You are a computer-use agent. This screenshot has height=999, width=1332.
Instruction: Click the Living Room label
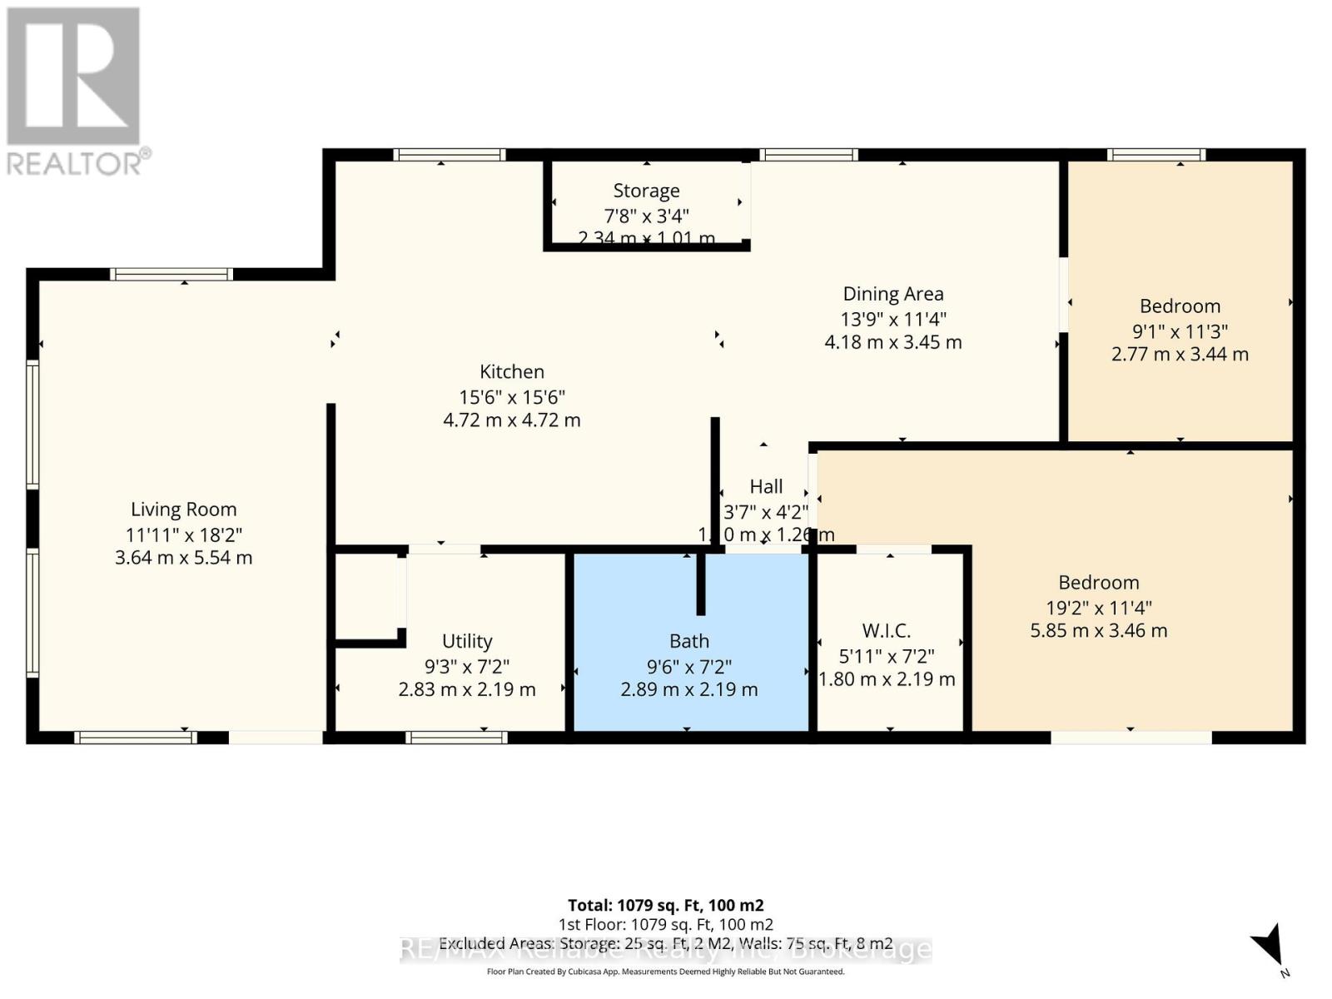(183, 509)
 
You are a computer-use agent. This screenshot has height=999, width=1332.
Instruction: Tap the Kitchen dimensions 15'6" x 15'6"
(511, 397)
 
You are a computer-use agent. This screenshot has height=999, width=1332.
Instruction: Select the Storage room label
(646, 191)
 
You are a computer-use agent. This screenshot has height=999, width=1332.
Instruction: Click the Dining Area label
(892, 294)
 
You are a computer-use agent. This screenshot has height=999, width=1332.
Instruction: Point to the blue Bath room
(689, 666)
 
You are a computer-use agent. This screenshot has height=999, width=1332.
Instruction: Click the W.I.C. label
(886, 631)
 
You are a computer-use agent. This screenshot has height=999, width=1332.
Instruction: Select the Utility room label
(466, 641)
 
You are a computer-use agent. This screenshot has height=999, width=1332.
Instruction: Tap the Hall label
(766, 486)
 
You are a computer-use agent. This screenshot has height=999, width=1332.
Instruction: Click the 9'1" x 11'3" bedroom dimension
(1179, 331)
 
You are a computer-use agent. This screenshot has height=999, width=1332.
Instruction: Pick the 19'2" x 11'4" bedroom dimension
(1098, 608)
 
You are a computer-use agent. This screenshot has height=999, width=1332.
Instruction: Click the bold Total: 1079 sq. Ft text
(665, 905)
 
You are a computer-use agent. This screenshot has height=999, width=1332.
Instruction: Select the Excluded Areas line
(665, 944)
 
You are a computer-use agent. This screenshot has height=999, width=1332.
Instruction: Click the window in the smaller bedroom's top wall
(1156, 155)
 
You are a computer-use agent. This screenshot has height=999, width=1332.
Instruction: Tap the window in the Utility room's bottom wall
(455, 737)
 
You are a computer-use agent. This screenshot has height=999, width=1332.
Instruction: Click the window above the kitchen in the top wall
(449, 155)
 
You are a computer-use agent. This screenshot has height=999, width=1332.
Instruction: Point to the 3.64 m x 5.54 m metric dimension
(183, 558)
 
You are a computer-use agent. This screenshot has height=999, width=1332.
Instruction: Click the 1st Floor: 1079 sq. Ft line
(665, 925)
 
